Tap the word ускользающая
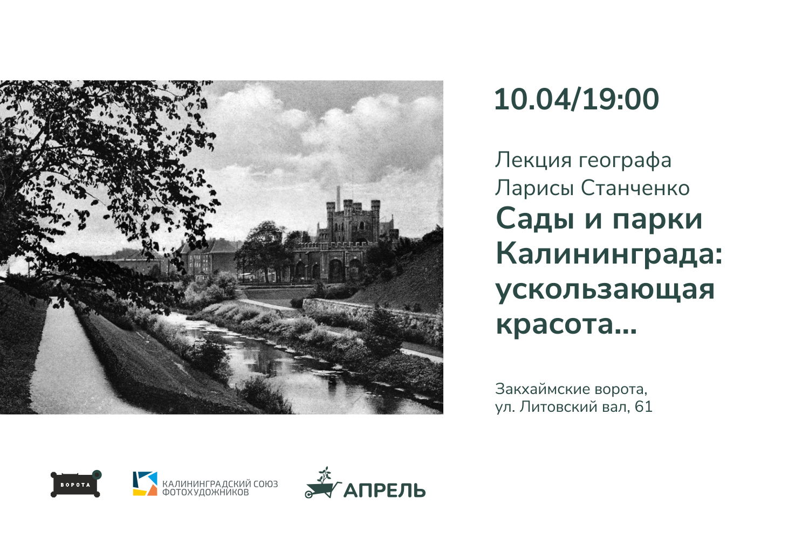(x=605, y=289)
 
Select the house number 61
(x=643, y=406)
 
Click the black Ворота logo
(x=76, y=484)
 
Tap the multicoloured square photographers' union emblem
(x=145, y=483)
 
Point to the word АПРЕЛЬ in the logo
(x=385, y=490)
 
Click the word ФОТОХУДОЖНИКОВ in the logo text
(x=206, y=493)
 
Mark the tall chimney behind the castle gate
(x=338, y=197)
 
